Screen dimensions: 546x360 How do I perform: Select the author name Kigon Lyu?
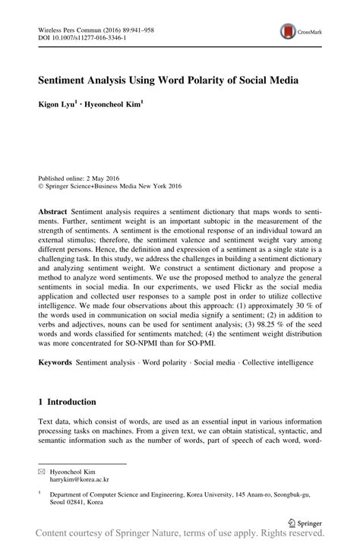tap(62, 102)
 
